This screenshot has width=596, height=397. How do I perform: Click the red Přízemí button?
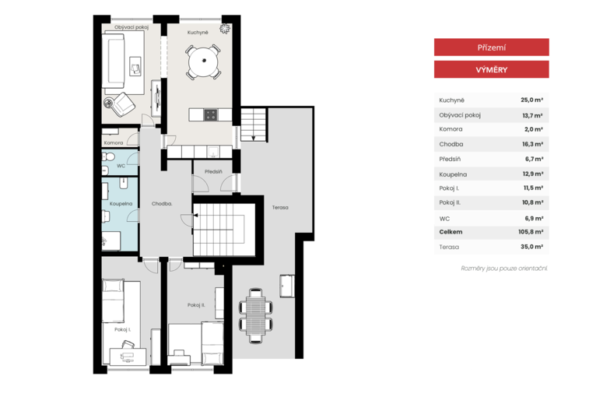(x=492, y=47)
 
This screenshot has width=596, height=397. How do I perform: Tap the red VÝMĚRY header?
(x=492, y=69)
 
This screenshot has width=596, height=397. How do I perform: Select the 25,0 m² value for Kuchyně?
(x=531, y=100)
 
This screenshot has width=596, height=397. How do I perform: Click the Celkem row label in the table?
(x=451, y=232)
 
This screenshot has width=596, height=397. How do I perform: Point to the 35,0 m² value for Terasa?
(x=531, y=247)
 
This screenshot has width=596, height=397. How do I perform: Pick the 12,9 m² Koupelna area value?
(x=533, y=174)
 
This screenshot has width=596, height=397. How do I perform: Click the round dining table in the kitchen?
(x=204, y=61)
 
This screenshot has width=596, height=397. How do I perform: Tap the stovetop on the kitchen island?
(x=211, y=115)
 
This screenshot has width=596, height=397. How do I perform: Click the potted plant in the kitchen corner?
(x=225, y=29)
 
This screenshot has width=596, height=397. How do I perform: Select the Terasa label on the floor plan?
(x=280, y=207)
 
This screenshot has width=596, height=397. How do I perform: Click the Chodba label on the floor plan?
(x=162, y=203)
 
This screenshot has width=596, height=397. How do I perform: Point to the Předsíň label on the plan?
(x=213, y=171)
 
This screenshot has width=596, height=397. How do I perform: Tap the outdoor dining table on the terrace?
(x=256, y=315)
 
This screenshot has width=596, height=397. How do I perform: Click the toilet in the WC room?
(x=110, y=156)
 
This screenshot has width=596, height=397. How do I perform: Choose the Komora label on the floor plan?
(x=114, y=142)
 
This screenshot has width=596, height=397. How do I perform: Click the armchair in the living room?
(x=123, y=104)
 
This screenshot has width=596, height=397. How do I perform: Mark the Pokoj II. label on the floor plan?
(x=196, y=305)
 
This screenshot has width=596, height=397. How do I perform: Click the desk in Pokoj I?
(x=128, y=357)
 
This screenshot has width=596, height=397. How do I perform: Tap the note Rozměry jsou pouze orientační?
(x=504, y=269)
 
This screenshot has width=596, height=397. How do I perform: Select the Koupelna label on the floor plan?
(x=121, y=203)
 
